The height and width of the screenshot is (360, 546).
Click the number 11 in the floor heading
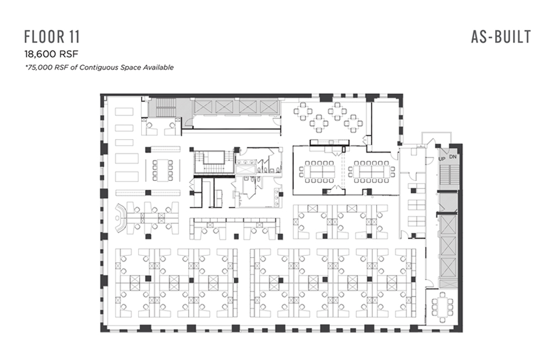pos(74,37)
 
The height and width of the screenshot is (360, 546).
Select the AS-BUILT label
pos(501,37)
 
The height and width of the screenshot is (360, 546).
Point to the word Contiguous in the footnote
pos(99,67)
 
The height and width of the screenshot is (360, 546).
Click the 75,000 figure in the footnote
pos(38,67)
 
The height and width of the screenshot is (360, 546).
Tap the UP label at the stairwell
pos(442,159)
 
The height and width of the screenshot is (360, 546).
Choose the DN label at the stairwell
pos(453,157)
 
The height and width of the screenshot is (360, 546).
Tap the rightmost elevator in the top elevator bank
pos(269,107)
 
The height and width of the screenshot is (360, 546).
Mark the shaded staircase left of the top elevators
pos(167,108)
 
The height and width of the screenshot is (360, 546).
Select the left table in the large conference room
pos(317,171)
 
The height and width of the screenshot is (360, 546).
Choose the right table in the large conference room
pos(372,171)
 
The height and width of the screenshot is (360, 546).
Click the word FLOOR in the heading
pos(44,37)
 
